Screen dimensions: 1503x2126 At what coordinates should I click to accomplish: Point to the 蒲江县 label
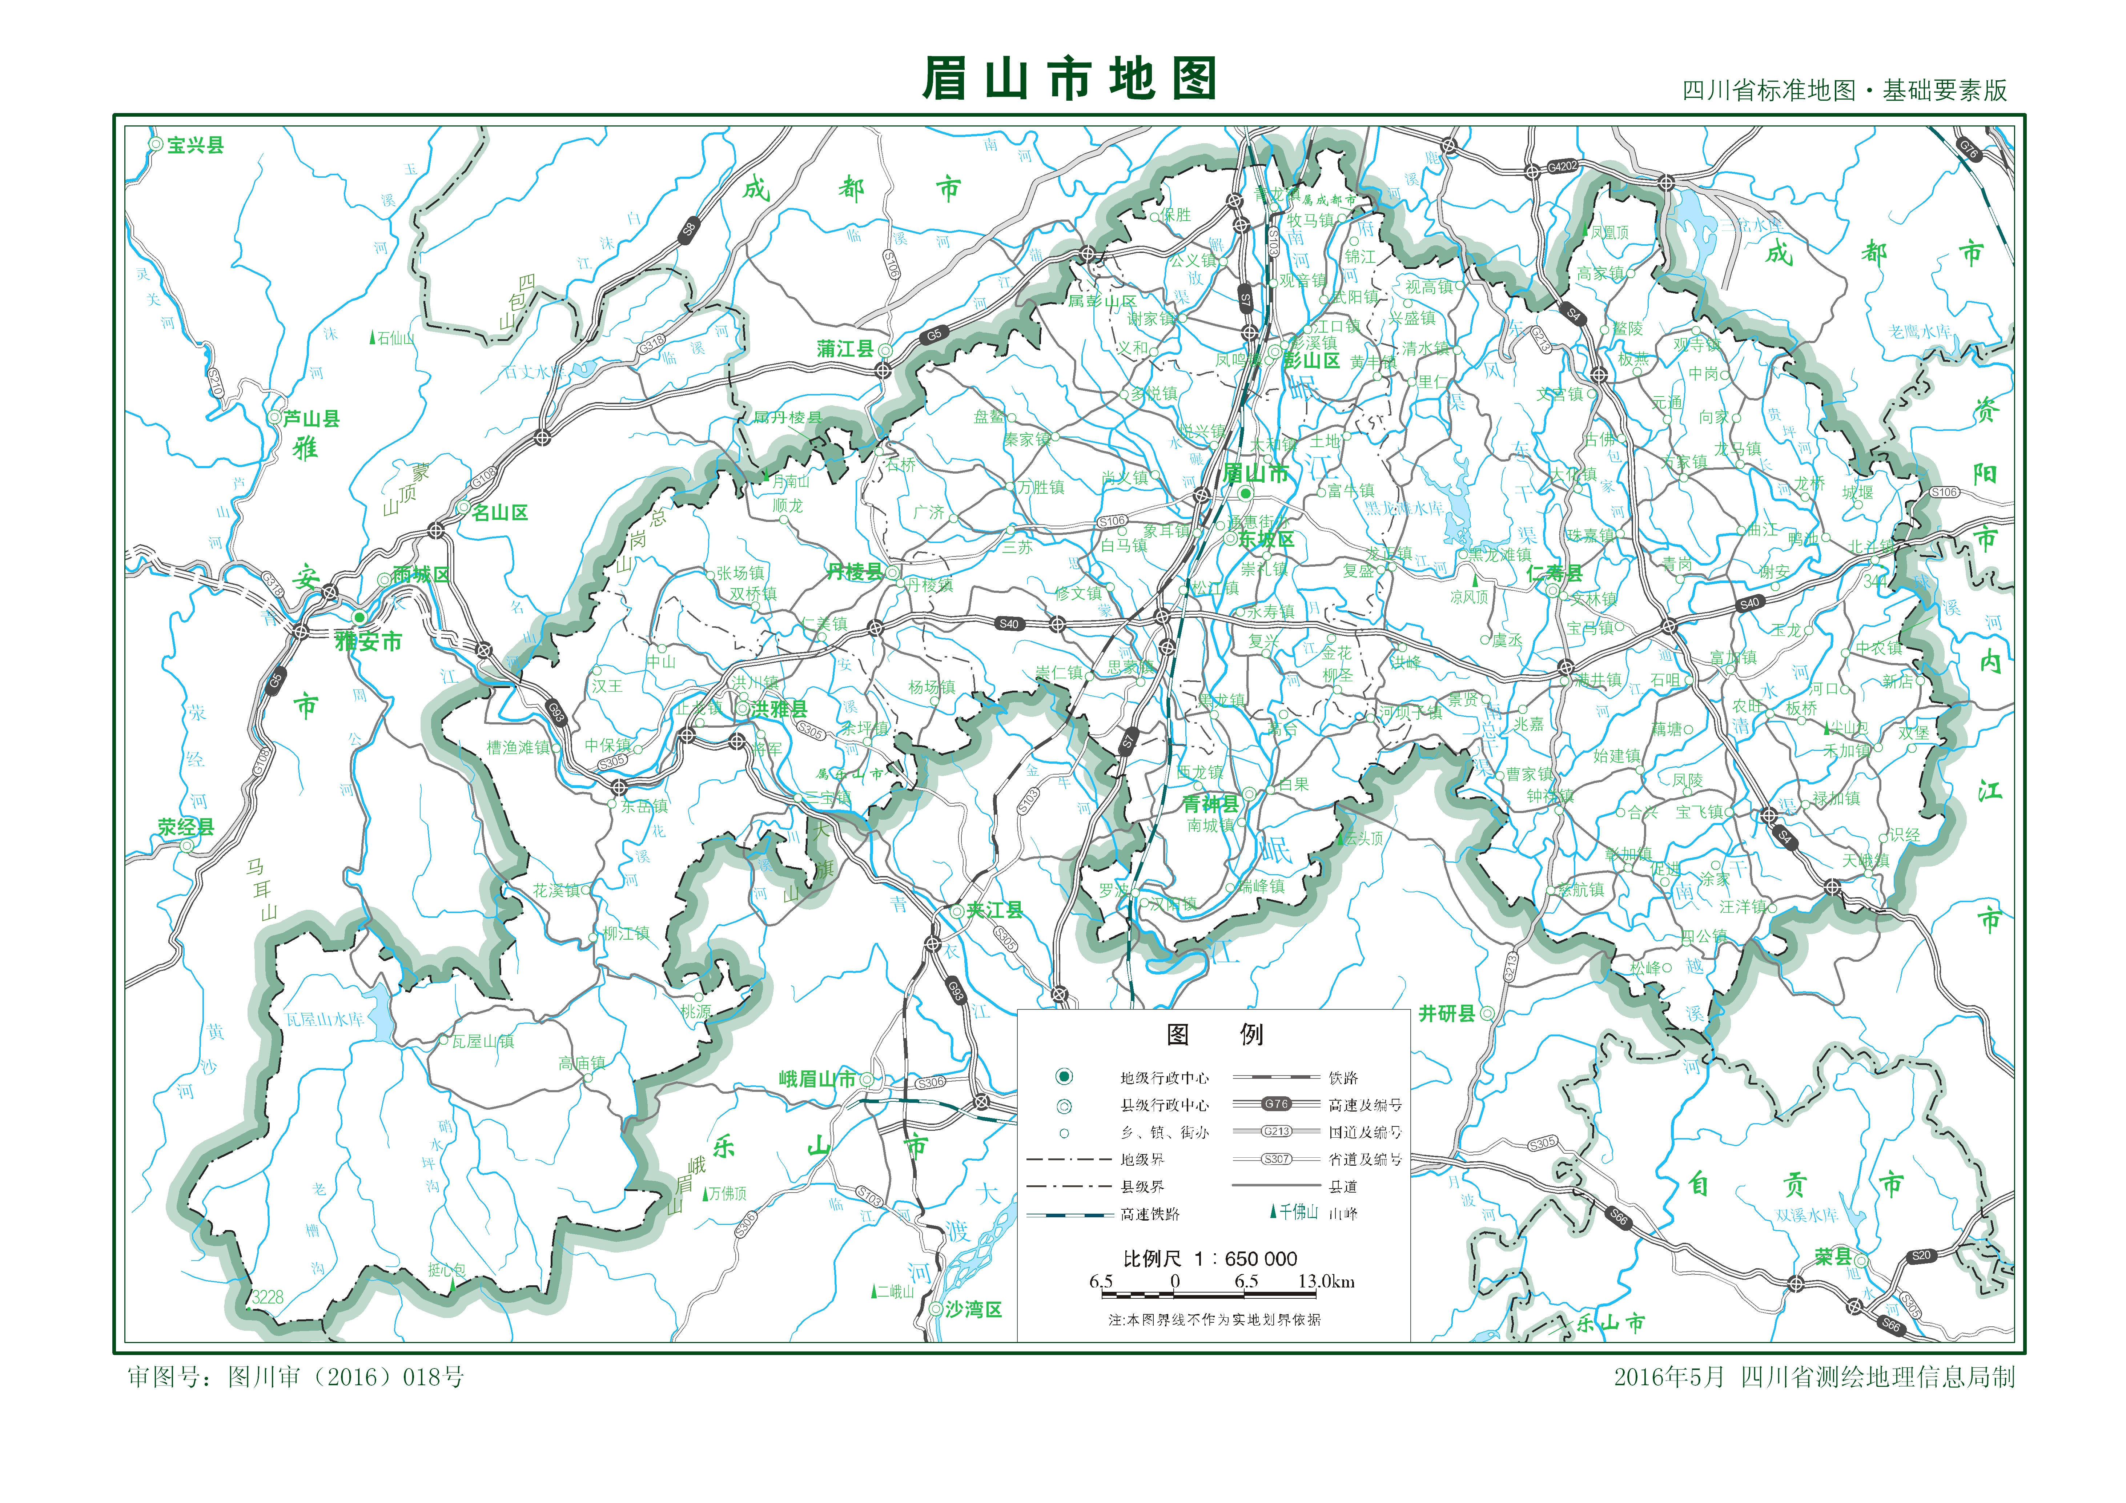pos(845,349)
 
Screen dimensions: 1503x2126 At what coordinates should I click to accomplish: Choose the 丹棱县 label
pos(855,572)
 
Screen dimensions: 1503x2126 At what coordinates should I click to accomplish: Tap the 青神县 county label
pos(1210,804)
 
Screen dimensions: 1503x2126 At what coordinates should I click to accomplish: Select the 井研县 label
pos(1447,1014)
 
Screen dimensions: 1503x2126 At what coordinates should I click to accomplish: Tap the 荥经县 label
pos(185,827)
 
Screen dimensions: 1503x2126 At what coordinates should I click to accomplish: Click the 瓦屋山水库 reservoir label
pos(325,1020)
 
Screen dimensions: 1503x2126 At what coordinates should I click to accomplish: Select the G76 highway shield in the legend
pos(1276,1104)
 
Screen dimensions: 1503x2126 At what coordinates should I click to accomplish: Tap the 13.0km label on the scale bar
pos(1326,1282)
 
